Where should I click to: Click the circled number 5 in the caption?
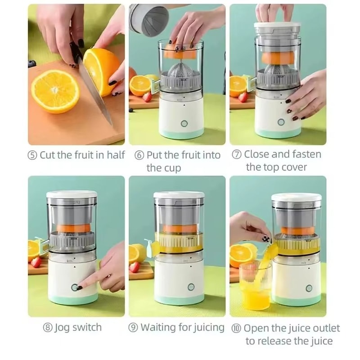tap(32, 156)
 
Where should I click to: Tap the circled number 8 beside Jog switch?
tap(48, 328)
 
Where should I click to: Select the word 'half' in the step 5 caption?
tap(116, 155)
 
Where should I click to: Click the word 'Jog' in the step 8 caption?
tap(63, 328)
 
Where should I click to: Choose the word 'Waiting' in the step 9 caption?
tap(158, 327)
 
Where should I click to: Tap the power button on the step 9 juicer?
tap(191, 287)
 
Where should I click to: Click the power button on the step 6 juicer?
tap(184, 124)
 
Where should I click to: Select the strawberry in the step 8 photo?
tap(36, 262)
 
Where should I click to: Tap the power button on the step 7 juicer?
tap(281, 122)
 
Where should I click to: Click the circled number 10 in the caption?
tap(236, 328)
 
